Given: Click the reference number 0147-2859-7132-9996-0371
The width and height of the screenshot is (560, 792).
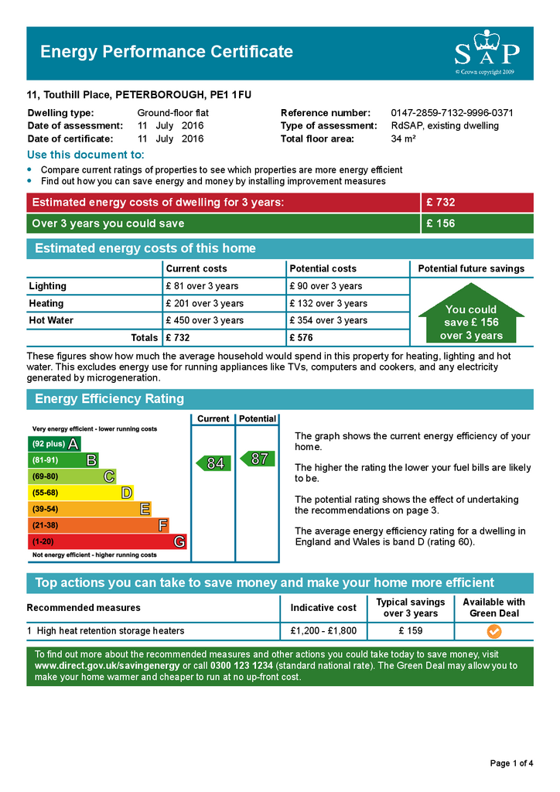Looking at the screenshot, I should (x=452, y=113).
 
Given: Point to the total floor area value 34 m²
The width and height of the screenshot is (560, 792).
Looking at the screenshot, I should (x=404, y=139).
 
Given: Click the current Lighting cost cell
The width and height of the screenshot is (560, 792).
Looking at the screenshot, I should (x=202, y=286).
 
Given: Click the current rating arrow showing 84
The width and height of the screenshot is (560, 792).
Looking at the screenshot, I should (x=213, y=463).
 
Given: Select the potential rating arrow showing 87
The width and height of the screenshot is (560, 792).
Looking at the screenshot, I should (x=258, y=459).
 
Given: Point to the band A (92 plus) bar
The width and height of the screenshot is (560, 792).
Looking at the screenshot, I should (x=54, y=444).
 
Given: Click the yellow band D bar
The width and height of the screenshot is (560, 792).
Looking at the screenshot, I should (x=80, y=493).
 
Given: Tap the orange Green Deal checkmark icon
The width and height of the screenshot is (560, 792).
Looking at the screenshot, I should (x=493, y=631).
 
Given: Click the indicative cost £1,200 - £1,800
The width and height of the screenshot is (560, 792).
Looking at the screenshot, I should (x=323, y=631).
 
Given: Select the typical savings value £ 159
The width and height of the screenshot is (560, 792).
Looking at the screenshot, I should (x=411, y=631).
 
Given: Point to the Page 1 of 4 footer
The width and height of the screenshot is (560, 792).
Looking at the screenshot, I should (x=511, y=763).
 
